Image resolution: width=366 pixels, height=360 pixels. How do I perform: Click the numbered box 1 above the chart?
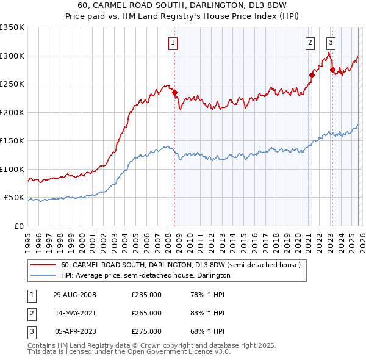(x=173, y=43)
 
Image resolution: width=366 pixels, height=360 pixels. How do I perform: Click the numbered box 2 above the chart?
(x=310, y=43)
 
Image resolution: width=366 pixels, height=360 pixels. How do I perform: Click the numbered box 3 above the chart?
(x=331, y=43)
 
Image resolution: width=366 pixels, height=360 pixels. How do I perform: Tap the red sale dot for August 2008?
(x=174, y=93)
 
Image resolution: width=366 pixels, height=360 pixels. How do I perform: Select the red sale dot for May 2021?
(x=311, y=76)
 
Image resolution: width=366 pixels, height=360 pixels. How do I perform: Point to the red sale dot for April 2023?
(x=332, y=70)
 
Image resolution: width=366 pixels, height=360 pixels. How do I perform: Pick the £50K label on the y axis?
(x=14, y=198)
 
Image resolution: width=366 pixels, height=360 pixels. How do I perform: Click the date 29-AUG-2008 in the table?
(x=74, y=295)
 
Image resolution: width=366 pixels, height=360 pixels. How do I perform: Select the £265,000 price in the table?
(x=146, y=313)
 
